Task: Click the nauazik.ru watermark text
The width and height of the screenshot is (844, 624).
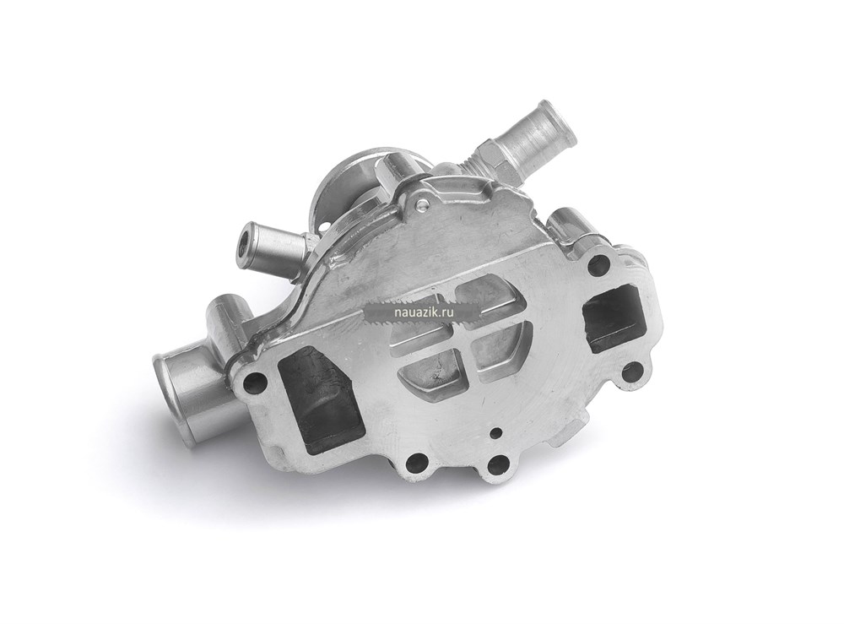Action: pyautogui.click(x=421, y=311)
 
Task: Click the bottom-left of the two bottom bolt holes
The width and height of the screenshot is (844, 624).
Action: pyautogui.click(x=415, y=461)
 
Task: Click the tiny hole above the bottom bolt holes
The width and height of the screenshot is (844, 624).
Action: pyautogui.click(x=495, y=431)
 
